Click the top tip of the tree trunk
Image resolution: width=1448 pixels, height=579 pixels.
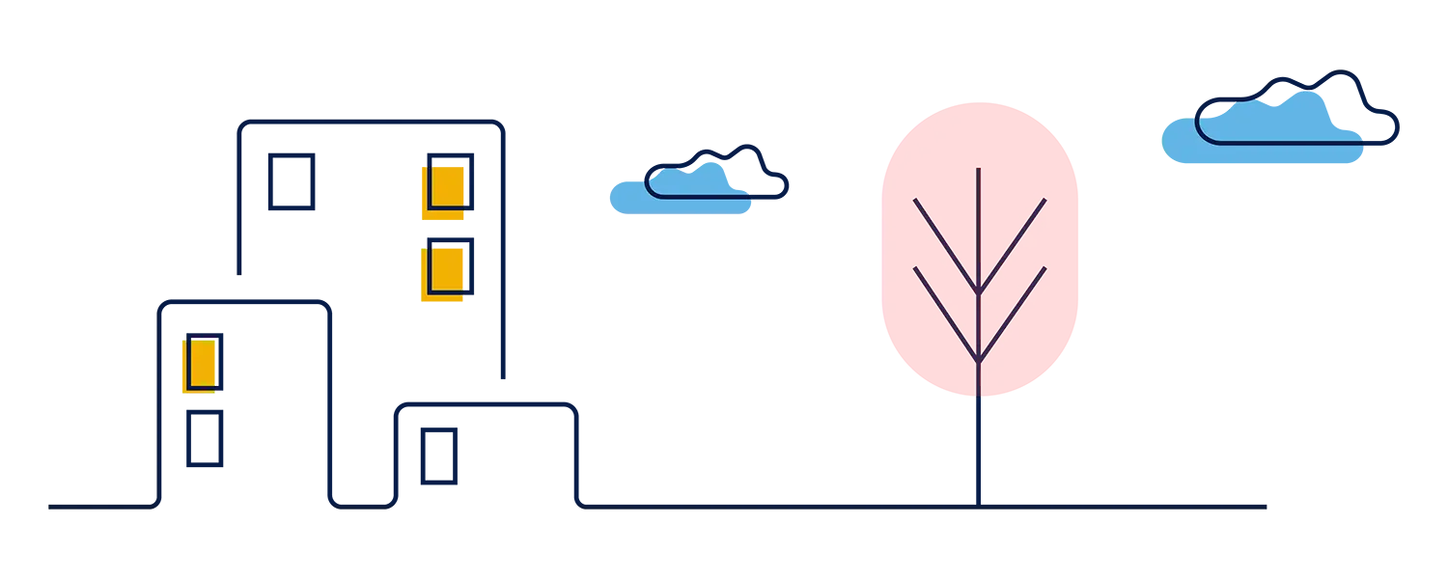978,171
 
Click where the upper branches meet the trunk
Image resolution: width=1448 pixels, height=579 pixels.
978,290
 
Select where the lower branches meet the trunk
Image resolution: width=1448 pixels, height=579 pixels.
978,361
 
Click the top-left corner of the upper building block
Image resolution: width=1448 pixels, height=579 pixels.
237,121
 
